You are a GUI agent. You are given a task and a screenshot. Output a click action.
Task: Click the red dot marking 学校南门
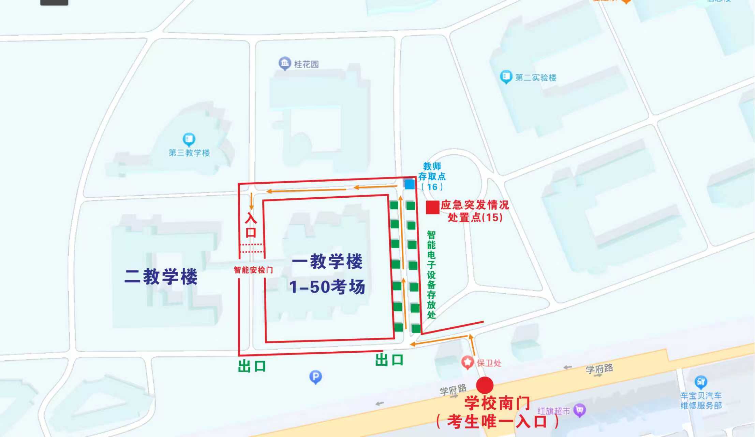[x=485, y=385]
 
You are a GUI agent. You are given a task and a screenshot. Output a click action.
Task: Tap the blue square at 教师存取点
[x=409, y=184]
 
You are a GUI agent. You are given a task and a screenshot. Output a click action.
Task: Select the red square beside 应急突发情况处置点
[x=432, y=208]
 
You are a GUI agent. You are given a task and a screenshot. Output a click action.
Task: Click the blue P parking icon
[x=315, y=377]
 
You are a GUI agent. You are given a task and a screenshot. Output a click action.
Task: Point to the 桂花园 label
[x=306, y=64]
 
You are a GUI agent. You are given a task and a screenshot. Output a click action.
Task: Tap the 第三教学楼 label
[x=189, y=153]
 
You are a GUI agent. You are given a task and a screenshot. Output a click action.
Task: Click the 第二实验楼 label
[x=535, y=78]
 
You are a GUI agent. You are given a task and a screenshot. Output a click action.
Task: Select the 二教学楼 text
[x=161, y=276]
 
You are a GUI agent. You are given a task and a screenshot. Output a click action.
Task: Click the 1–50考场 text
[x=327, y=287]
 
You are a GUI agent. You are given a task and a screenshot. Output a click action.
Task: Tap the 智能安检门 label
[x=253, y=270]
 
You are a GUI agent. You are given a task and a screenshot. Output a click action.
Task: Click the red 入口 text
[x=251, y=225]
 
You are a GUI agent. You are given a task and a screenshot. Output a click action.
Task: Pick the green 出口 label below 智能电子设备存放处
[x=389, y=360]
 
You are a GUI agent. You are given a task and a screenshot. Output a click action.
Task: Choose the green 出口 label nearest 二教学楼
[x=252, y=366]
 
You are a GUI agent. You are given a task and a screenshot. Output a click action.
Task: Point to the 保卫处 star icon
[x=468, y=362]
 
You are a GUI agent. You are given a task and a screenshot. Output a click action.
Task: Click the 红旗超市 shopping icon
[x=579, y=410]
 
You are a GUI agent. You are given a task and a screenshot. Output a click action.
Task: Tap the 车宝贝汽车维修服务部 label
[x=701, y=400]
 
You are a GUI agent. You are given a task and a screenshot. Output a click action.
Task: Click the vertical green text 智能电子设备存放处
[x=431, y=275]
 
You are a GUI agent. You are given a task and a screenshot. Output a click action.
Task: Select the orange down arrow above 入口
[x=251, y=201]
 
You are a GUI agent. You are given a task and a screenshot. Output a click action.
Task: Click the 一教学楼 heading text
[x=327, y=262]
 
